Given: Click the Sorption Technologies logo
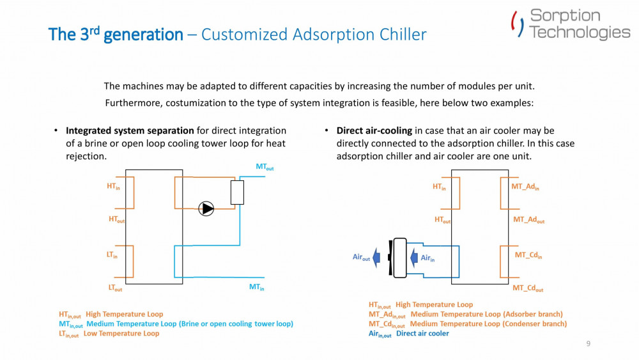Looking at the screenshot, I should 570,24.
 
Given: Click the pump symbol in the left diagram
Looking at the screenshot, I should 206,208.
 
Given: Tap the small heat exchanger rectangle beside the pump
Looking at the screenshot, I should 237,192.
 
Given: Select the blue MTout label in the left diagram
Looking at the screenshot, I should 265,168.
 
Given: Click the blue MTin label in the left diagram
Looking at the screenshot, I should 256,288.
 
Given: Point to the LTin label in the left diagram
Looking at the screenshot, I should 112,255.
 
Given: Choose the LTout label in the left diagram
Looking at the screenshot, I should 115,288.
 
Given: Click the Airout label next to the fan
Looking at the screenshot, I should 361,258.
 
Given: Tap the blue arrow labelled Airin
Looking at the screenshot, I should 413,257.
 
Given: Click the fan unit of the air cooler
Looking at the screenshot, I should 399,258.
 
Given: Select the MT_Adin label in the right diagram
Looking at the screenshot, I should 525,187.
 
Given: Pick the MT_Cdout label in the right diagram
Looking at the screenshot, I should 528,289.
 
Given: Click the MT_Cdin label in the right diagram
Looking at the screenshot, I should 528,255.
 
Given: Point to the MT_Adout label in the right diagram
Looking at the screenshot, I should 528,220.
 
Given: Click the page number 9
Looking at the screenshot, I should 588,344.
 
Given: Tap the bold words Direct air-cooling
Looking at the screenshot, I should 374,131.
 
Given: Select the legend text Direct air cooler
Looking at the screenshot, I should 422,334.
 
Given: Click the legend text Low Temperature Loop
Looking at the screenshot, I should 121,334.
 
